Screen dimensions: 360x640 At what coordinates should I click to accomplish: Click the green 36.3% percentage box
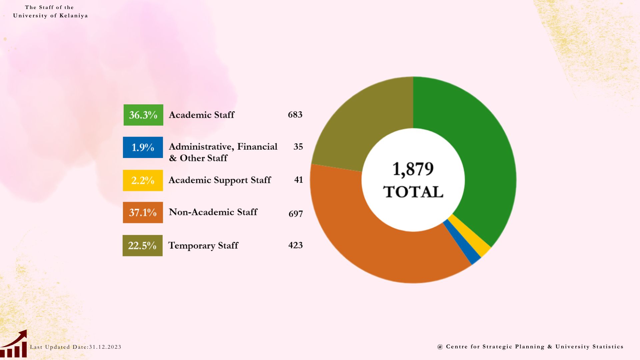(143, 115)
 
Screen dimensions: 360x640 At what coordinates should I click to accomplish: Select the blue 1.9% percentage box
(143, 147)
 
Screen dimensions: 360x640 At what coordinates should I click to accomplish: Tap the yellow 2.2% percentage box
(143, 180)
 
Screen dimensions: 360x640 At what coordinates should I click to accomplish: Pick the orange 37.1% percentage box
(143, 212)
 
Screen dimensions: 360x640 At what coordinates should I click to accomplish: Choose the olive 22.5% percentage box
(143, 246)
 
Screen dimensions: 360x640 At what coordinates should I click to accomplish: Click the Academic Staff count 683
(295, 115)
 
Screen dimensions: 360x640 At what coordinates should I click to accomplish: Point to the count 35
(298, 147)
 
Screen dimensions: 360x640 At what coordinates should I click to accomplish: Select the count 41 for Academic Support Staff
(298, 180)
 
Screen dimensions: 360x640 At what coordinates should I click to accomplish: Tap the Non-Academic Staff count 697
(296, 214)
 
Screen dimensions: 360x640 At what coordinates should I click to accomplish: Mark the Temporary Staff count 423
(295, 245)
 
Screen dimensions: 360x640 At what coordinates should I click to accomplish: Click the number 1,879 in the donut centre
(413, 169)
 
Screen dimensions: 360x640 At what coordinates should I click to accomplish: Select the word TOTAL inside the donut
(413, 192)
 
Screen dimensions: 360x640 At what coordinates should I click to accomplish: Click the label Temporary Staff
(203, 246)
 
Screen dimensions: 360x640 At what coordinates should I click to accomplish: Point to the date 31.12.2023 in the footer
(105, 347)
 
